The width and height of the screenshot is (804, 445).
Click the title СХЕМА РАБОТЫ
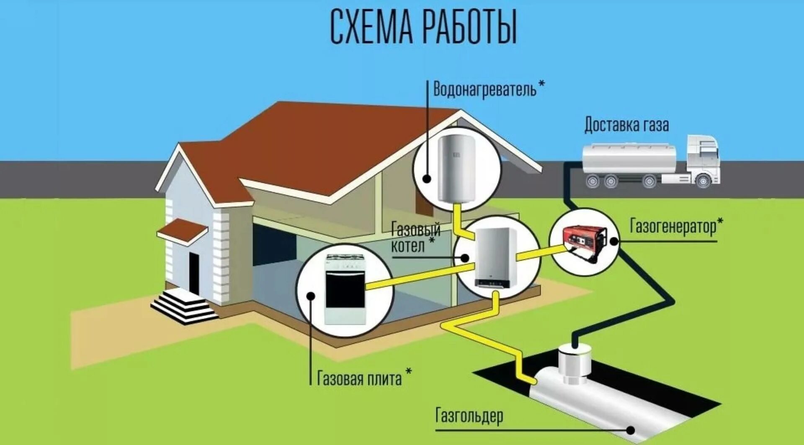(x=423, y=27)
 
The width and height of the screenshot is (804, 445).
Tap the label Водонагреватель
(x=484, y=90)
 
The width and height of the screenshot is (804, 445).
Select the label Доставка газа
(x=626, y=125)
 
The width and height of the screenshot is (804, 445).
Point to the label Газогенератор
(x=673, y=227)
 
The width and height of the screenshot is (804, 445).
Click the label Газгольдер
(x=469, y=416)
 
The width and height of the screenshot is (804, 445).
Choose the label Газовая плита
(x=359, y=379)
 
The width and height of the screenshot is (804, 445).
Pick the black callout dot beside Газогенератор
(x=614, y=241)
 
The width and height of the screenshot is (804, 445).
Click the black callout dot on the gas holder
(x=630, y=430)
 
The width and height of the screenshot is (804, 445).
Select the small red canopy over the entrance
(x=183, y=230)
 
